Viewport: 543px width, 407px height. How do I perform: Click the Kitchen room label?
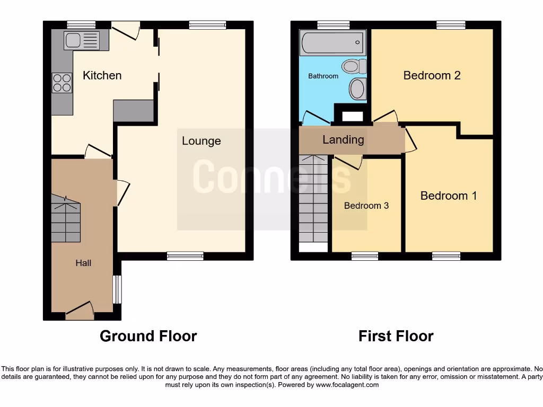(102, 75)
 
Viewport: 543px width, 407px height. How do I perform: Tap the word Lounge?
(201, 141)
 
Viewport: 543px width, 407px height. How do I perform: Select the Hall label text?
(83, 263)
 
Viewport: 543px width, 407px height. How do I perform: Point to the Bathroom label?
(323, 76)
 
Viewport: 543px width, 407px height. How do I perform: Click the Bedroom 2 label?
(432, 75)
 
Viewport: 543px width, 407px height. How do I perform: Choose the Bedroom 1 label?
(449, 196)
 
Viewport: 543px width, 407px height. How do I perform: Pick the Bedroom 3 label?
(366, 206)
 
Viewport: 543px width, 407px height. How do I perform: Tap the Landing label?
(343, 140)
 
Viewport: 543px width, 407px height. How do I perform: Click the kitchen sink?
(81, 40)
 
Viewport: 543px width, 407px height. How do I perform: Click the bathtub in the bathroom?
(332, 41)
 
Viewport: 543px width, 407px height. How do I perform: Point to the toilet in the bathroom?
(354, 66)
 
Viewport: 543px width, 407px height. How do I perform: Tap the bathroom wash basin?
(358, 88)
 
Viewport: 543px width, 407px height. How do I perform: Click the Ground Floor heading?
(148, 336)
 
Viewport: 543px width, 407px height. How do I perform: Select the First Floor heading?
(396, 336)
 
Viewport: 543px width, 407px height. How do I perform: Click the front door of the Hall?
(79, 312)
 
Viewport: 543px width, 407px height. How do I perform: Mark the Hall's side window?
(117, 289)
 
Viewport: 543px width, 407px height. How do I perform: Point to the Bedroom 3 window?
(364, 256)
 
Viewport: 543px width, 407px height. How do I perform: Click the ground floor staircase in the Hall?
(66, 218)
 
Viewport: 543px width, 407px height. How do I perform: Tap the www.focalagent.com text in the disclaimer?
(347, 385)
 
